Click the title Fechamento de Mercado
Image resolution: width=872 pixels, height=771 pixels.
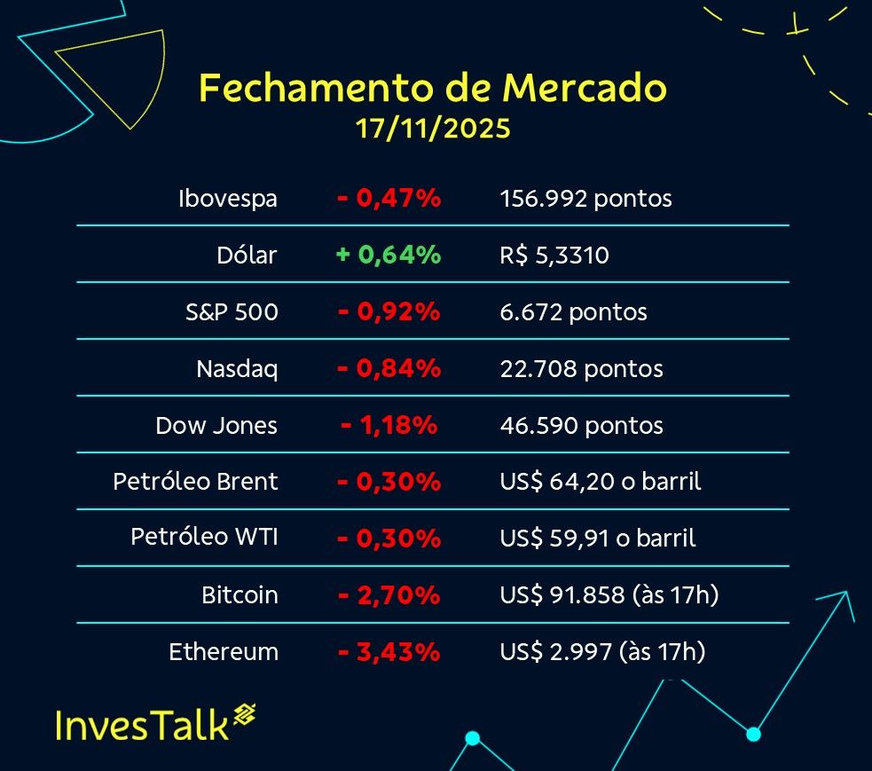(433, 88)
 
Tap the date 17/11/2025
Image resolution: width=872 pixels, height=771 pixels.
(433, 129)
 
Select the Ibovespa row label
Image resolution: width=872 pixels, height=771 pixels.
(228, 199)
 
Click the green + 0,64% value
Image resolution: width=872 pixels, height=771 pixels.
(389, 256)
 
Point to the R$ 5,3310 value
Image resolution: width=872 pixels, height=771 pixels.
(554, 256)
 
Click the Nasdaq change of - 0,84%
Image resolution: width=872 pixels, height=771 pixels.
(389, 368)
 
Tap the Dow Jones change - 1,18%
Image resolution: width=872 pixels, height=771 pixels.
(389, 425)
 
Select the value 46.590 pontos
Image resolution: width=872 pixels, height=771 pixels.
(581, 426)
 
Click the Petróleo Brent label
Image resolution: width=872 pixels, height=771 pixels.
(195, 482)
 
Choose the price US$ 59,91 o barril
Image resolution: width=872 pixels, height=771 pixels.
(598, 539)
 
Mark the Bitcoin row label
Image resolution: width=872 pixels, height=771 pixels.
(240, 595)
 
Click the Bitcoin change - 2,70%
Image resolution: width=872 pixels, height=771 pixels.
(389, 595)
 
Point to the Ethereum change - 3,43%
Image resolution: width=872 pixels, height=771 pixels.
(389, 652)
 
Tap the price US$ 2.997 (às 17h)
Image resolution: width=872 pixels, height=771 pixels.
(602, 652)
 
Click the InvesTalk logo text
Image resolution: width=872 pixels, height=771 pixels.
(142, 724)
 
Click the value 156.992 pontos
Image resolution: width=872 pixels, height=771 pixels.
(585, 199)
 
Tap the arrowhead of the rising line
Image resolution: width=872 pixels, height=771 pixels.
(844, 599)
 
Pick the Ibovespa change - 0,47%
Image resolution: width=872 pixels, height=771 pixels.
(389, 199)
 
